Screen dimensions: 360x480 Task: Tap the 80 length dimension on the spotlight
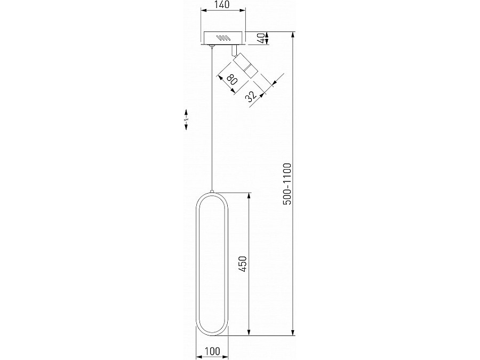(x=231, y=81)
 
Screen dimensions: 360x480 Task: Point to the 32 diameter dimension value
(x=251, y=96)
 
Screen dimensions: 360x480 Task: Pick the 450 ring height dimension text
(x=242, y=265)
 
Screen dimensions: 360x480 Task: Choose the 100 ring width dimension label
(x=213, y=351)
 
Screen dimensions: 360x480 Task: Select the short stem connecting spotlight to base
(x=234, y=50)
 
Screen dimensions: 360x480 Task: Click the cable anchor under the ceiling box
(x=213, y=48)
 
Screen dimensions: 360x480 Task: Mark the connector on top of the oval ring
(x=213, y=190)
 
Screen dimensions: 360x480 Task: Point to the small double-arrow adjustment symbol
(x=186, y=121)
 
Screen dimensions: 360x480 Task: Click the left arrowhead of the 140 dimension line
(x=204, y=11)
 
